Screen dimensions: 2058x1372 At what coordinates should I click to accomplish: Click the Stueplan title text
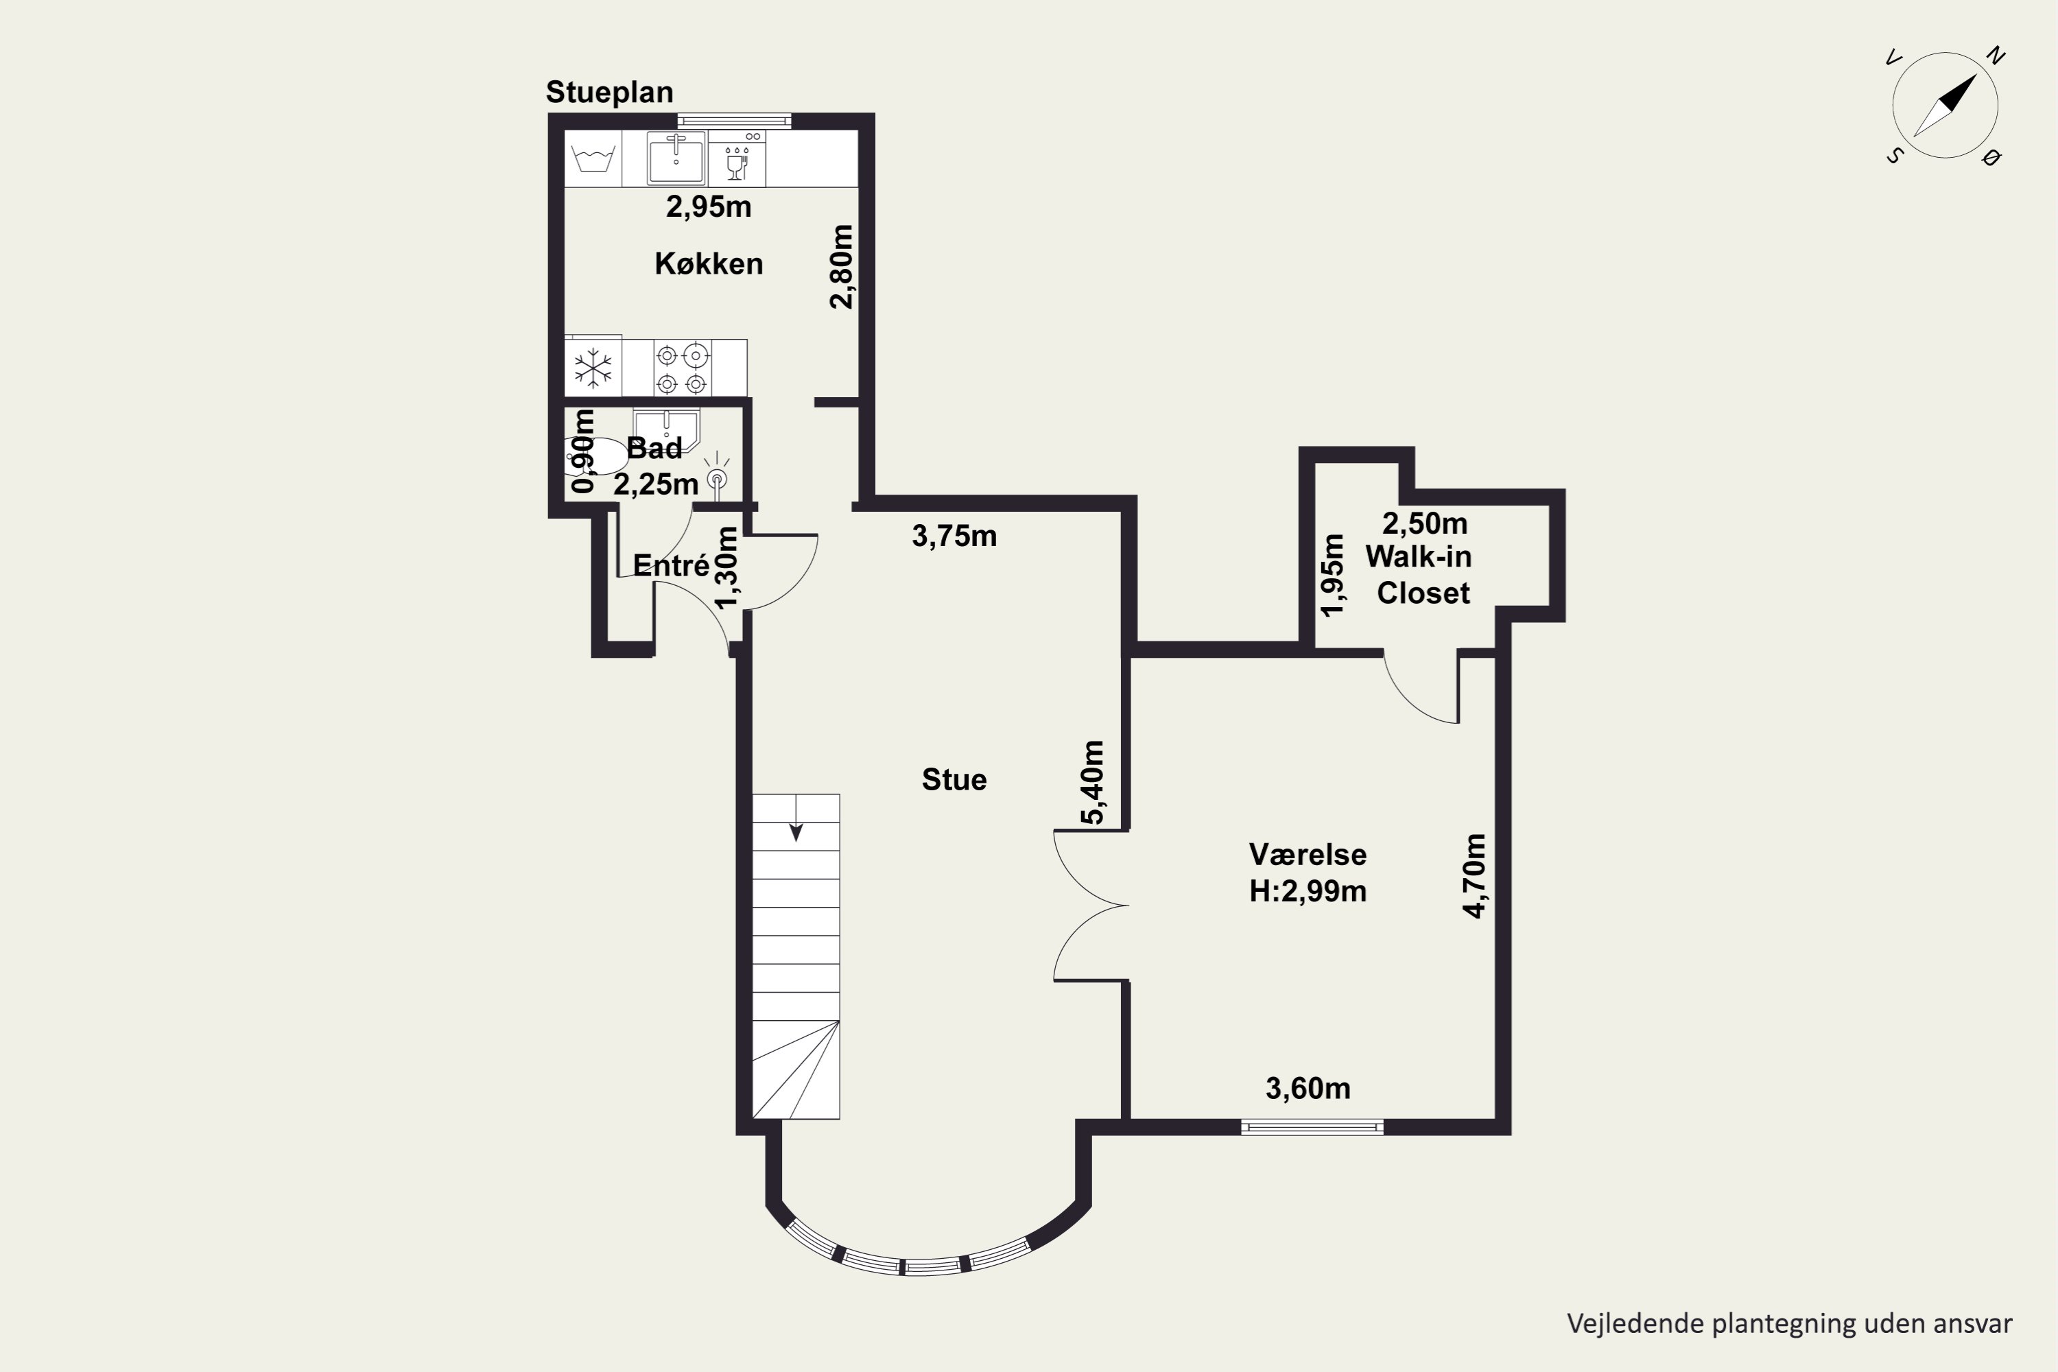click(610, 93)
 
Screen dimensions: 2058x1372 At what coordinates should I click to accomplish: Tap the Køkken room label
click(709, 263)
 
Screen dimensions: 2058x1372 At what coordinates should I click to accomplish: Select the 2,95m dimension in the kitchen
click(709, 206)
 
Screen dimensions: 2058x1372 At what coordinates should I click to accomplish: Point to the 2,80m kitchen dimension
click(841, 267)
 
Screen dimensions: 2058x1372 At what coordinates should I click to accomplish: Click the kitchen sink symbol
click(676, 158)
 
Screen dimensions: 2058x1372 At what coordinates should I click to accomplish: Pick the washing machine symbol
click(593, 159)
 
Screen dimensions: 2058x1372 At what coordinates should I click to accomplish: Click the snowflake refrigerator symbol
click(593, 368)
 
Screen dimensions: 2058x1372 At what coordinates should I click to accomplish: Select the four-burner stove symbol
click(682, 368)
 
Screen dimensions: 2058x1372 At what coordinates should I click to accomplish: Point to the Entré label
click(671, 565)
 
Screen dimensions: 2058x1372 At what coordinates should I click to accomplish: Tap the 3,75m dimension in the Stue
click(955, 536)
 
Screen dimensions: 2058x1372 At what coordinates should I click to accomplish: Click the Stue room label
click(955, 779)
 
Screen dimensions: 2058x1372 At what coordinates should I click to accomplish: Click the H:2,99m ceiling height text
click(1308, 890)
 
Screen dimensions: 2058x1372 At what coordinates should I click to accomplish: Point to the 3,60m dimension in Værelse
click(1308, 1087)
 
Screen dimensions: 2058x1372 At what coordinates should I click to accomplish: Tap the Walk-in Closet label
click(1419, 574)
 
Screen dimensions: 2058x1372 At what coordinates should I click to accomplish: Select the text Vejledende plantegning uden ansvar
click(1789, 1324)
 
